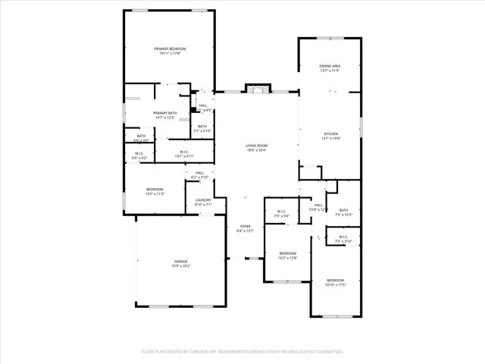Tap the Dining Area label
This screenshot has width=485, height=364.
(330, 67)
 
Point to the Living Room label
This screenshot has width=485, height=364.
(256, 146)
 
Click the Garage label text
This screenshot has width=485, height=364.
(181, 262)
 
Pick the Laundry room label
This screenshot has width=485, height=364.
(203, 200)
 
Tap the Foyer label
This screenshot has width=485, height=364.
(246, 226)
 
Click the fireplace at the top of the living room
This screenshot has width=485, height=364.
(256, 89)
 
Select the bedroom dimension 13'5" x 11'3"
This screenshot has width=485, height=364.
(155, 194)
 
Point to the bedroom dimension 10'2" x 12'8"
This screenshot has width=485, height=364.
(287, 258)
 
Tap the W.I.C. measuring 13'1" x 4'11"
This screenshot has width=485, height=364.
(185, 156)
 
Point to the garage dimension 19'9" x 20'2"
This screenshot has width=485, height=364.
(181, 266)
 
